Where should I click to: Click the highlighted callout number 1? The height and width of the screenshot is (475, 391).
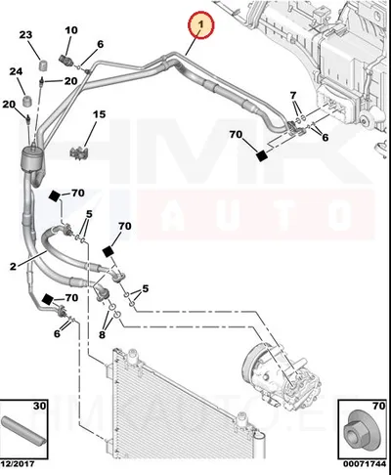[201, 24]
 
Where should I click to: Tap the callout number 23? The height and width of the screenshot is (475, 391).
[25, 34]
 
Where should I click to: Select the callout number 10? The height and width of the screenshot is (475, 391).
[71, 30]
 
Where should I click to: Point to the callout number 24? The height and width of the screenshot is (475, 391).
[16, 71]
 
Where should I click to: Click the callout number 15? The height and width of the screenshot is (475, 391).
[99, 114]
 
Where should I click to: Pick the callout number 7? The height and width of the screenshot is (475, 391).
[293, 96]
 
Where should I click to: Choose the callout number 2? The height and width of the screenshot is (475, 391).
[13, 267]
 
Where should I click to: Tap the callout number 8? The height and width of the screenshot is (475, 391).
[102, 334]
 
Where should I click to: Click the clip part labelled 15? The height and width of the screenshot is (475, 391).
[79, 152]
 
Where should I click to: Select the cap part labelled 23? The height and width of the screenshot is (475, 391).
[43, 65]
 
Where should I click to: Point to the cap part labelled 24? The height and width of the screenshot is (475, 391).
[27, 101]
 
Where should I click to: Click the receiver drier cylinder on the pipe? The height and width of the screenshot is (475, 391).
[31, 159]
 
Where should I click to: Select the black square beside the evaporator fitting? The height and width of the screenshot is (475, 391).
[262, 155]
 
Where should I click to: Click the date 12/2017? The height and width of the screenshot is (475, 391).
[19, 464]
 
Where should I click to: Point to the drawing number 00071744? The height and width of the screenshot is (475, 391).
[364, 464]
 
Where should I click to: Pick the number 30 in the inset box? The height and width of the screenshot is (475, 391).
[40, 406]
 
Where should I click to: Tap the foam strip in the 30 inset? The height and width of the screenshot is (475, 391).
[23, 430]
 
